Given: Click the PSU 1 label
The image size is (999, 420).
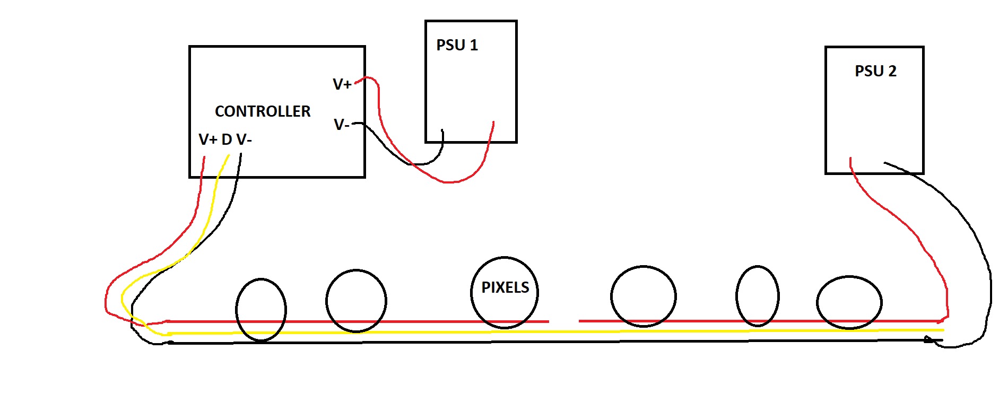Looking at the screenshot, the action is tap(457, 46).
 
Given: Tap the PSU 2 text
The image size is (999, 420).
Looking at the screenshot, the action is tap(875, 71).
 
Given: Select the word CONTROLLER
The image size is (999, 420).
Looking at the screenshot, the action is tap(263, 111).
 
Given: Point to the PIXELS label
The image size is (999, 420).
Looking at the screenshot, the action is tap(505, 287).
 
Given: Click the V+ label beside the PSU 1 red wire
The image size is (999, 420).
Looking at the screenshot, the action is tap(342, 84).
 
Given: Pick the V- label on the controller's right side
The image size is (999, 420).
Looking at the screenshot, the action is tap(341, 125).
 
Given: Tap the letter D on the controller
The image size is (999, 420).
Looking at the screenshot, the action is tap(227, 139).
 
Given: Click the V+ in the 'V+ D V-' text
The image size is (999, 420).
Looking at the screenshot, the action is tap(208, 139).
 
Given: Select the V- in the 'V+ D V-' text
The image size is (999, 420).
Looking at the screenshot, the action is tap(244, 139).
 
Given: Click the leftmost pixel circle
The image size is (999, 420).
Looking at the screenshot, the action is tap(237, 309).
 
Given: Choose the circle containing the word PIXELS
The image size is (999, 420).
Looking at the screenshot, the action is tap(472, 293).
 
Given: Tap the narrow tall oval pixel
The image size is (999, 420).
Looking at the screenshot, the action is tap(737, 296).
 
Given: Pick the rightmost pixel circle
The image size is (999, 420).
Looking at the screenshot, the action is tap(818, 303).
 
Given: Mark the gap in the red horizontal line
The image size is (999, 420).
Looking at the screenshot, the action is tap(563, 321).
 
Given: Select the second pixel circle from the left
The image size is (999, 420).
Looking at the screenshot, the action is tap(327, 301).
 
